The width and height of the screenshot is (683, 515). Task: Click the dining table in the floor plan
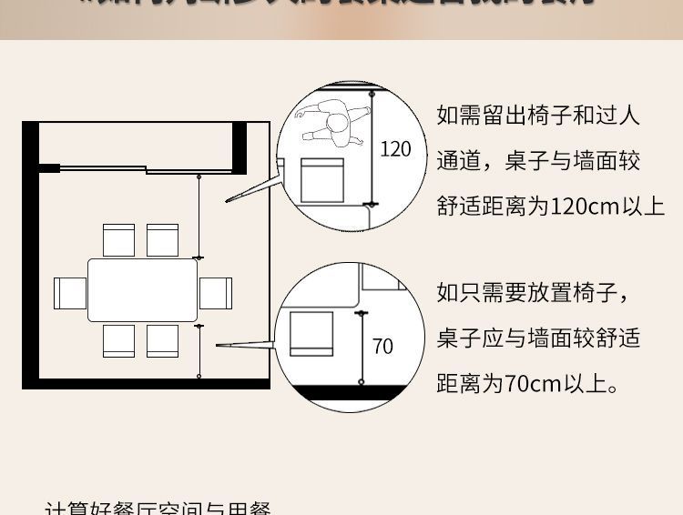(144, 290)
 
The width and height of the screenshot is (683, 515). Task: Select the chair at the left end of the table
(70, 293)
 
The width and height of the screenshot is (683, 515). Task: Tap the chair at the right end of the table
(216, 293)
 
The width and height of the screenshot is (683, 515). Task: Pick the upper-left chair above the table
(118, 240)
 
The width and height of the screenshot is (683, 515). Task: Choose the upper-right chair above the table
(163, 240)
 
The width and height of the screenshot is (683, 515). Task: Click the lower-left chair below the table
(118, 340)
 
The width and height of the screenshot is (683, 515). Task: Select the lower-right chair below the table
(163, 340)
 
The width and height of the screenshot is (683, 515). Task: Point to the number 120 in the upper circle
(395, 149)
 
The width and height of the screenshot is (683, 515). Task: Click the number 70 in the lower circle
(383, 347)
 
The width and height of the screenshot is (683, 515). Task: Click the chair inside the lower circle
(311, 333)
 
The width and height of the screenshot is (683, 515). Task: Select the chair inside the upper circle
(322, 179)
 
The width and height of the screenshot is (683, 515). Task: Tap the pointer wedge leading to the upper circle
(250, 191)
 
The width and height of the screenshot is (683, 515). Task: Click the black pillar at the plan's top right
(240, 146)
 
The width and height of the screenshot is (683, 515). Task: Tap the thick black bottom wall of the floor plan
(146, 383)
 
